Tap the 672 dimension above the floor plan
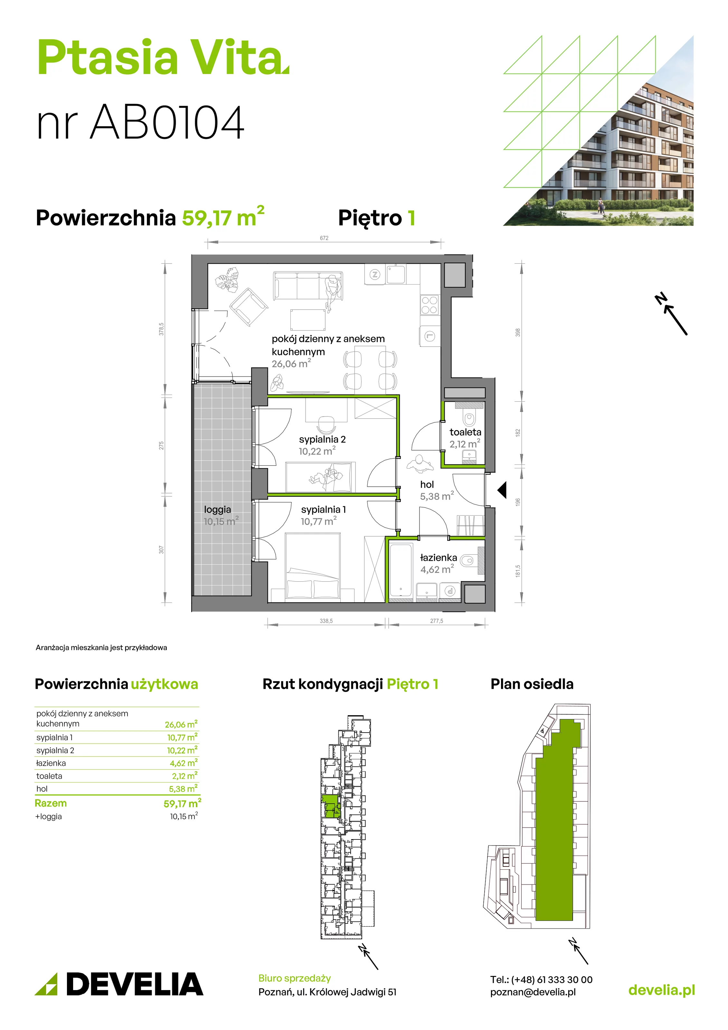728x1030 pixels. [324, 238]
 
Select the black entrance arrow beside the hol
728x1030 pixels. [502, 490]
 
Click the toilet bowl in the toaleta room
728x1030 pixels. [469, 418]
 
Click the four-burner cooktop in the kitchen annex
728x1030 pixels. [430, 305]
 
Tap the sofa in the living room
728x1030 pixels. [308, 286]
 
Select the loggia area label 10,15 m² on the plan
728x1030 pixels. [221, 521]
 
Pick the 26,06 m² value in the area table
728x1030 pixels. [181, 725]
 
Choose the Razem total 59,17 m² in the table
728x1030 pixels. [182, 803]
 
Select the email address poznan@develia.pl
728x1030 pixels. [533, 992]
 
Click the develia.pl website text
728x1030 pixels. [662, 990]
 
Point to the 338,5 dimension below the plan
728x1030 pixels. [326, 621]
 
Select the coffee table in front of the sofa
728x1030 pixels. [308, 319]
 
